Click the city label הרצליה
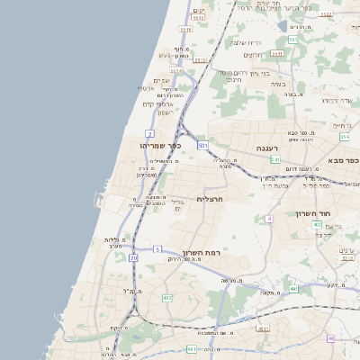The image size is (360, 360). [208, 198]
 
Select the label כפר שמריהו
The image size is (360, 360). [162, 145]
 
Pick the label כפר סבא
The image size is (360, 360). [341, 160]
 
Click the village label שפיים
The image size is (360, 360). [162, 80]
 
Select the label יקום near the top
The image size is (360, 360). [199, 11]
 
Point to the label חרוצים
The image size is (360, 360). [232, 79]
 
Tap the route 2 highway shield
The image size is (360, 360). [149, 133]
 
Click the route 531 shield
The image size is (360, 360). [203, 144]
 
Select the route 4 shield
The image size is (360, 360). [268, 219]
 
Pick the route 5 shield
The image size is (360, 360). [157, 248]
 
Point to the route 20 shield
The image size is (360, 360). [134, 257]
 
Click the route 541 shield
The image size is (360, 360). [274, 159]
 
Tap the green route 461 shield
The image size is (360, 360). [192, 348]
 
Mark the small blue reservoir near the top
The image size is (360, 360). [283, 26]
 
